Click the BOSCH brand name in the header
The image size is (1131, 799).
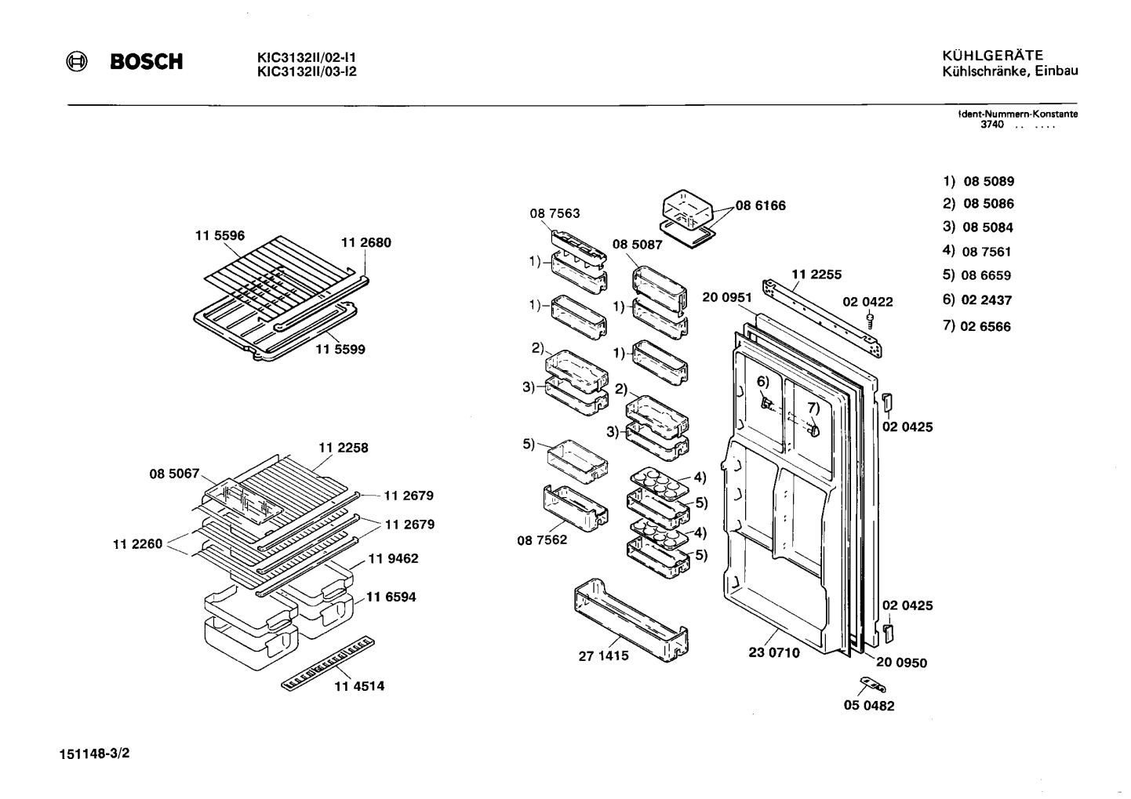147,62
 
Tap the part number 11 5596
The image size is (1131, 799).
220,236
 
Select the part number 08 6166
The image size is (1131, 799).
760,205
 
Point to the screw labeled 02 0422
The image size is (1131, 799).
870,321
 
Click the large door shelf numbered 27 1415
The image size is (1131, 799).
631,620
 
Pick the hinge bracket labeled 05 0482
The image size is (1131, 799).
873,685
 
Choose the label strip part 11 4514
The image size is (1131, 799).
328,663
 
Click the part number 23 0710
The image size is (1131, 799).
774,652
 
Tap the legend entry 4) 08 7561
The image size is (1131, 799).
976,251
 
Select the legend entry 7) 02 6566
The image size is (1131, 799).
976,326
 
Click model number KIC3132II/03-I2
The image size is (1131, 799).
307,71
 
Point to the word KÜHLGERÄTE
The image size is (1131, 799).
993,55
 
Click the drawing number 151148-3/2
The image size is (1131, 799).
94,754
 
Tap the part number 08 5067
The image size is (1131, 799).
174,474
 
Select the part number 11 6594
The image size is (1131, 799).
391,597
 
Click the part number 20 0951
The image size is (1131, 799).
727,297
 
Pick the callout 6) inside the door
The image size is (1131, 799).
762,382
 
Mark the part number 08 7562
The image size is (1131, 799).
542,540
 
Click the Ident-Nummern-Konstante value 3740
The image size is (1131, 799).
992,125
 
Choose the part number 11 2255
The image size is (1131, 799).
816,274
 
